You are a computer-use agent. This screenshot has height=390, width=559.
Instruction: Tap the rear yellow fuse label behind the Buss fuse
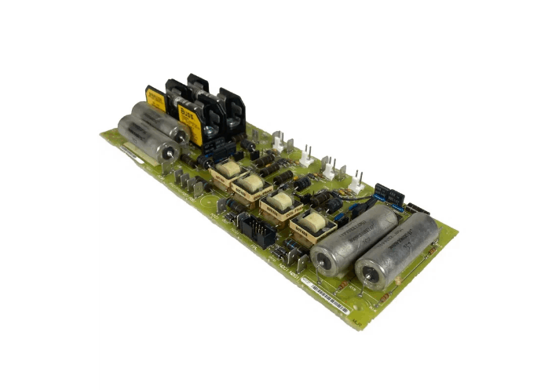tap(156, 100)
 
